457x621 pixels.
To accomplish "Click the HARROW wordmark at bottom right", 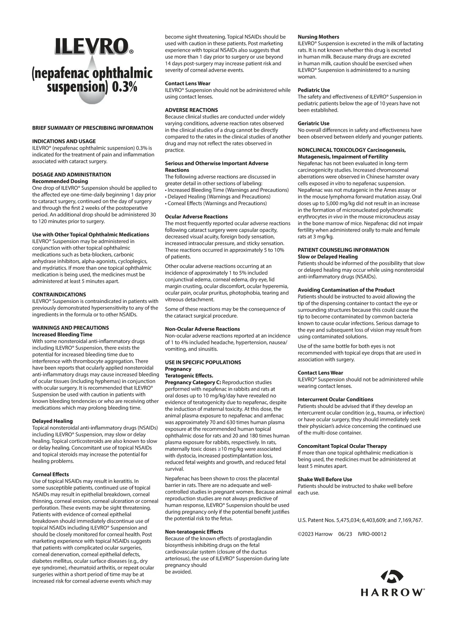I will [x=393, y=592].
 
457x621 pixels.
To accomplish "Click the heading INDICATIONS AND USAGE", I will [x=64, y=141].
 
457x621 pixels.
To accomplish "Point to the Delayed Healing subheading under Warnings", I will [x=53, y=421].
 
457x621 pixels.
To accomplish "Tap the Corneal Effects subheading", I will [x=51, y=474].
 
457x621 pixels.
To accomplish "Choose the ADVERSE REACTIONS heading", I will [x=192, y=110].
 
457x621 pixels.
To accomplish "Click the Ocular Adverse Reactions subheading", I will [x=197, y=217].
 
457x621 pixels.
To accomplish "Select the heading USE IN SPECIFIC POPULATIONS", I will [x=203, y=362].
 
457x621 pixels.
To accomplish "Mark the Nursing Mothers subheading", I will [x=318, y=37].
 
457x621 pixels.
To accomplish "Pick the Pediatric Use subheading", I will [x=314, y=90].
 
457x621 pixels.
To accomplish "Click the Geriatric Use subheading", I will [x=313, y=123].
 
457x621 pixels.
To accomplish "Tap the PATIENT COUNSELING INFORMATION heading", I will [x=344, y=250].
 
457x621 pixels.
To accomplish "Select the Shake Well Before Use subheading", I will [x=325, y=479].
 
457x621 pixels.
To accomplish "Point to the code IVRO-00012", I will [x=372, y=534].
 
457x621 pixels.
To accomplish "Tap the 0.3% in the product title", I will [x=125, y=87].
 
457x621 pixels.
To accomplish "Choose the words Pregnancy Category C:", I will [x=193, y=382].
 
